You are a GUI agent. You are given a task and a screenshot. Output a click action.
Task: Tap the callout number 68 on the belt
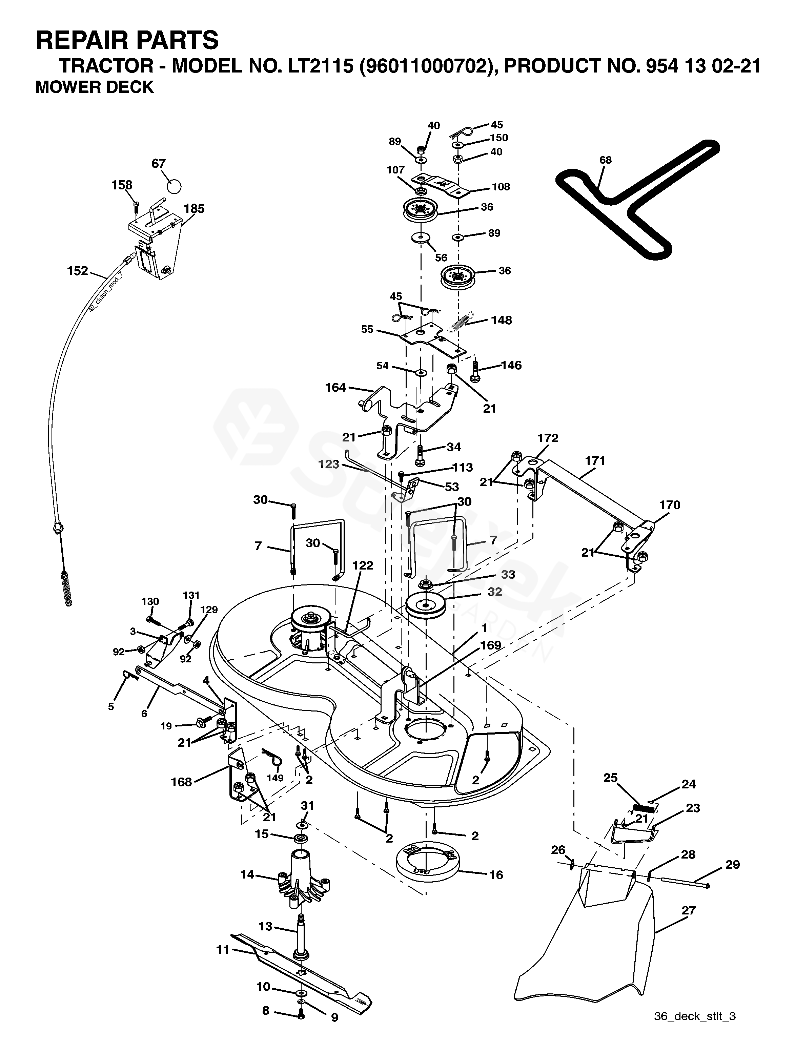(x=605, y=160)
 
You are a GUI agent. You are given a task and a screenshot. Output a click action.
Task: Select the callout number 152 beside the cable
(x=78, y=271)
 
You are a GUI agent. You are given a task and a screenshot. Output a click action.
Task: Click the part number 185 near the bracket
(x=194, y=208)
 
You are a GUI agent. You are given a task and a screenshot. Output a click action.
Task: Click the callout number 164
(x=335, y=388)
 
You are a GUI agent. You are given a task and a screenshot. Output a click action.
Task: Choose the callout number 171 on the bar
(x=595, y=460)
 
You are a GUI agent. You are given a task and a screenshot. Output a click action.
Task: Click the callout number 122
(x=363, y=565)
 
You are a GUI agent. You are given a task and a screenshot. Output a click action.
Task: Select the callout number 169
(x=490, y=645)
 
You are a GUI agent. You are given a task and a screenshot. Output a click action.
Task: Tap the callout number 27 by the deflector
(x=689, y=910)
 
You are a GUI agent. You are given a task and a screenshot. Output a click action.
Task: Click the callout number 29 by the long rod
(x=733, y=864)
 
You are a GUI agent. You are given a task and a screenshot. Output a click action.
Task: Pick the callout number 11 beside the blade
(x=223, y=950)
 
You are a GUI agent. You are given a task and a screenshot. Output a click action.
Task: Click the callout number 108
(x=501, y=187)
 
